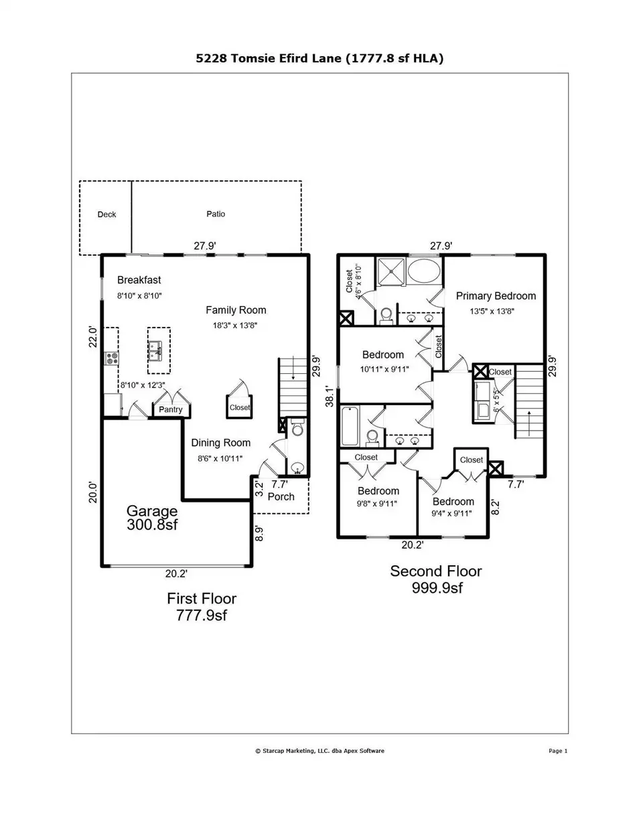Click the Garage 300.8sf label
tap(152, 518)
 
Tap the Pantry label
tap(171, 409)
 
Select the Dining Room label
tap(221, 443)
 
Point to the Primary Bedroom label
tap(496, 296)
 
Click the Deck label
tap(106, 214)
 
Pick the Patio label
tap(216, 214)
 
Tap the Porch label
tap(281, 496)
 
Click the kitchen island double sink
tap(155, 351)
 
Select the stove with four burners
tap(112, 358)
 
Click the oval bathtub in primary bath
tap(424, 271)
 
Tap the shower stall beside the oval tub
tap(390, 271)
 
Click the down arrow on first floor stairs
tap(293, 368)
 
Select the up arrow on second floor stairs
tap(529, 423)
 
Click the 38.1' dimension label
tap(330, 396)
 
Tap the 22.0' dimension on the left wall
tap(93, 336)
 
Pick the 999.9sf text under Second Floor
tap(437, 587)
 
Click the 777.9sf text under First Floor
tap(202, 615)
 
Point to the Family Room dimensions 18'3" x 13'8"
tap(235, 326)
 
